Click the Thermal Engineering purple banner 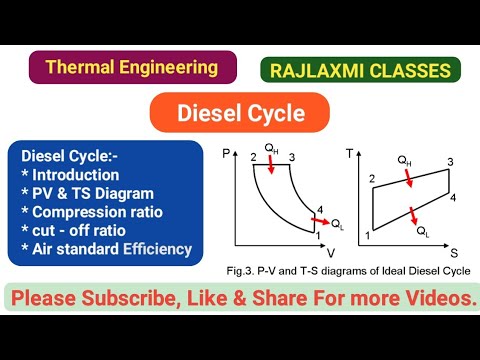133,68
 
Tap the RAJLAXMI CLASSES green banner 361,70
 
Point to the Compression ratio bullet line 97,212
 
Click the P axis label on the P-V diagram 226,150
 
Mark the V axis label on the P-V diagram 331,251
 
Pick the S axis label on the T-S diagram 466,252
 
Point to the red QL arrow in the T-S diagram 413,214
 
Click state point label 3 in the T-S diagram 450,161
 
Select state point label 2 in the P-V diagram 254,158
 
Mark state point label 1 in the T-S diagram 368,236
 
